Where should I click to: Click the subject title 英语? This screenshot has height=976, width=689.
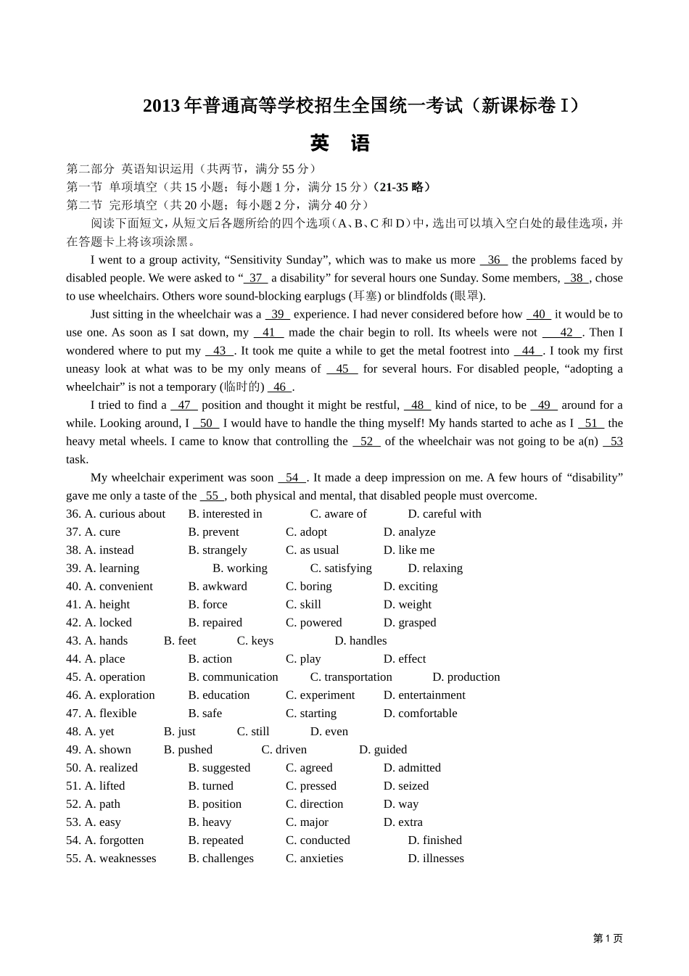[x=339, y=143]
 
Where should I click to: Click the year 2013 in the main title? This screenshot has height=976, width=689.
[x=161, y=106]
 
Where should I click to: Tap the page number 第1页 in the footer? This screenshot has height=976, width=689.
[x=607, y=938]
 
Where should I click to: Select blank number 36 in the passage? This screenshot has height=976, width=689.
[x=494, y=260]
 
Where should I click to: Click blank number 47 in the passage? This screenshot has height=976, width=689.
[x=184, y=405]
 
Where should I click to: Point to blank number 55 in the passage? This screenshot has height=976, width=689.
[x=212, y=496]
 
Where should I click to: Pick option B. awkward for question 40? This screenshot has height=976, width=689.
[x=218, y=587]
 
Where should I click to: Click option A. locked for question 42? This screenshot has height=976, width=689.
[x=108, y=623]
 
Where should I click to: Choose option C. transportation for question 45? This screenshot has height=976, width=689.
[x=351, y=677]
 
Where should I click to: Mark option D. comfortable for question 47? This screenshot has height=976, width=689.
[x=420, y=714]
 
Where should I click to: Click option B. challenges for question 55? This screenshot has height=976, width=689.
[x=220, y=859]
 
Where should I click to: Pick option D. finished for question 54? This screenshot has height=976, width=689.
[x=434, y=840]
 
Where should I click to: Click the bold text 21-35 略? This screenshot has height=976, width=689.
[x=404, y=187]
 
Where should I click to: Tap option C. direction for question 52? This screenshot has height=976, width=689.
[x=314, y=804]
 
